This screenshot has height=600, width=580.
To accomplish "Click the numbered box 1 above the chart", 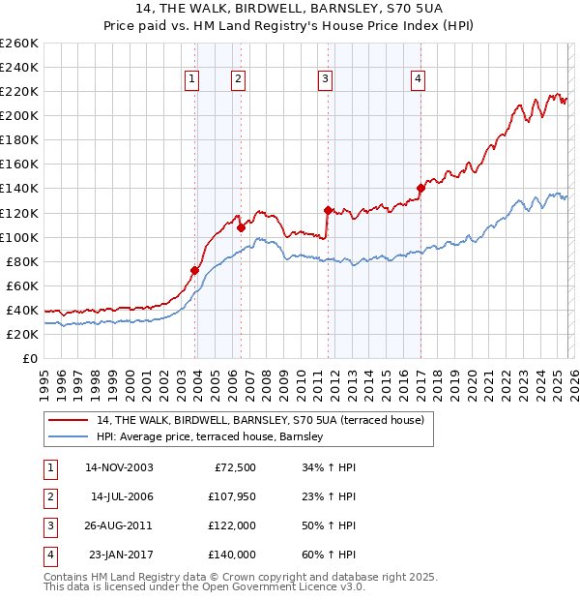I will click(x=192, y=79).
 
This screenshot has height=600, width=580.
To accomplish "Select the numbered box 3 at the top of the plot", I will click(x=326, y=79).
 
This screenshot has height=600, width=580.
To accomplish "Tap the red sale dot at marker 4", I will click(x=420, y=188).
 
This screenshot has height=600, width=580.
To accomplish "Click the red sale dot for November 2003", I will click(x=194, y=270).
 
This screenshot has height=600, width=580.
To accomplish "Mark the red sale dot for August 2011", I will click(x=328, y=210).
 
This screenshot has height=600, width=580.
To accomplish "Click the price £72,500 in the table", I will click(x=233, y=467).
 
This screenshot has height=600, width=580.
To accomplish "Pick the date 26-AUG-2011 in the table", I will click(x=119, y=525).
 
